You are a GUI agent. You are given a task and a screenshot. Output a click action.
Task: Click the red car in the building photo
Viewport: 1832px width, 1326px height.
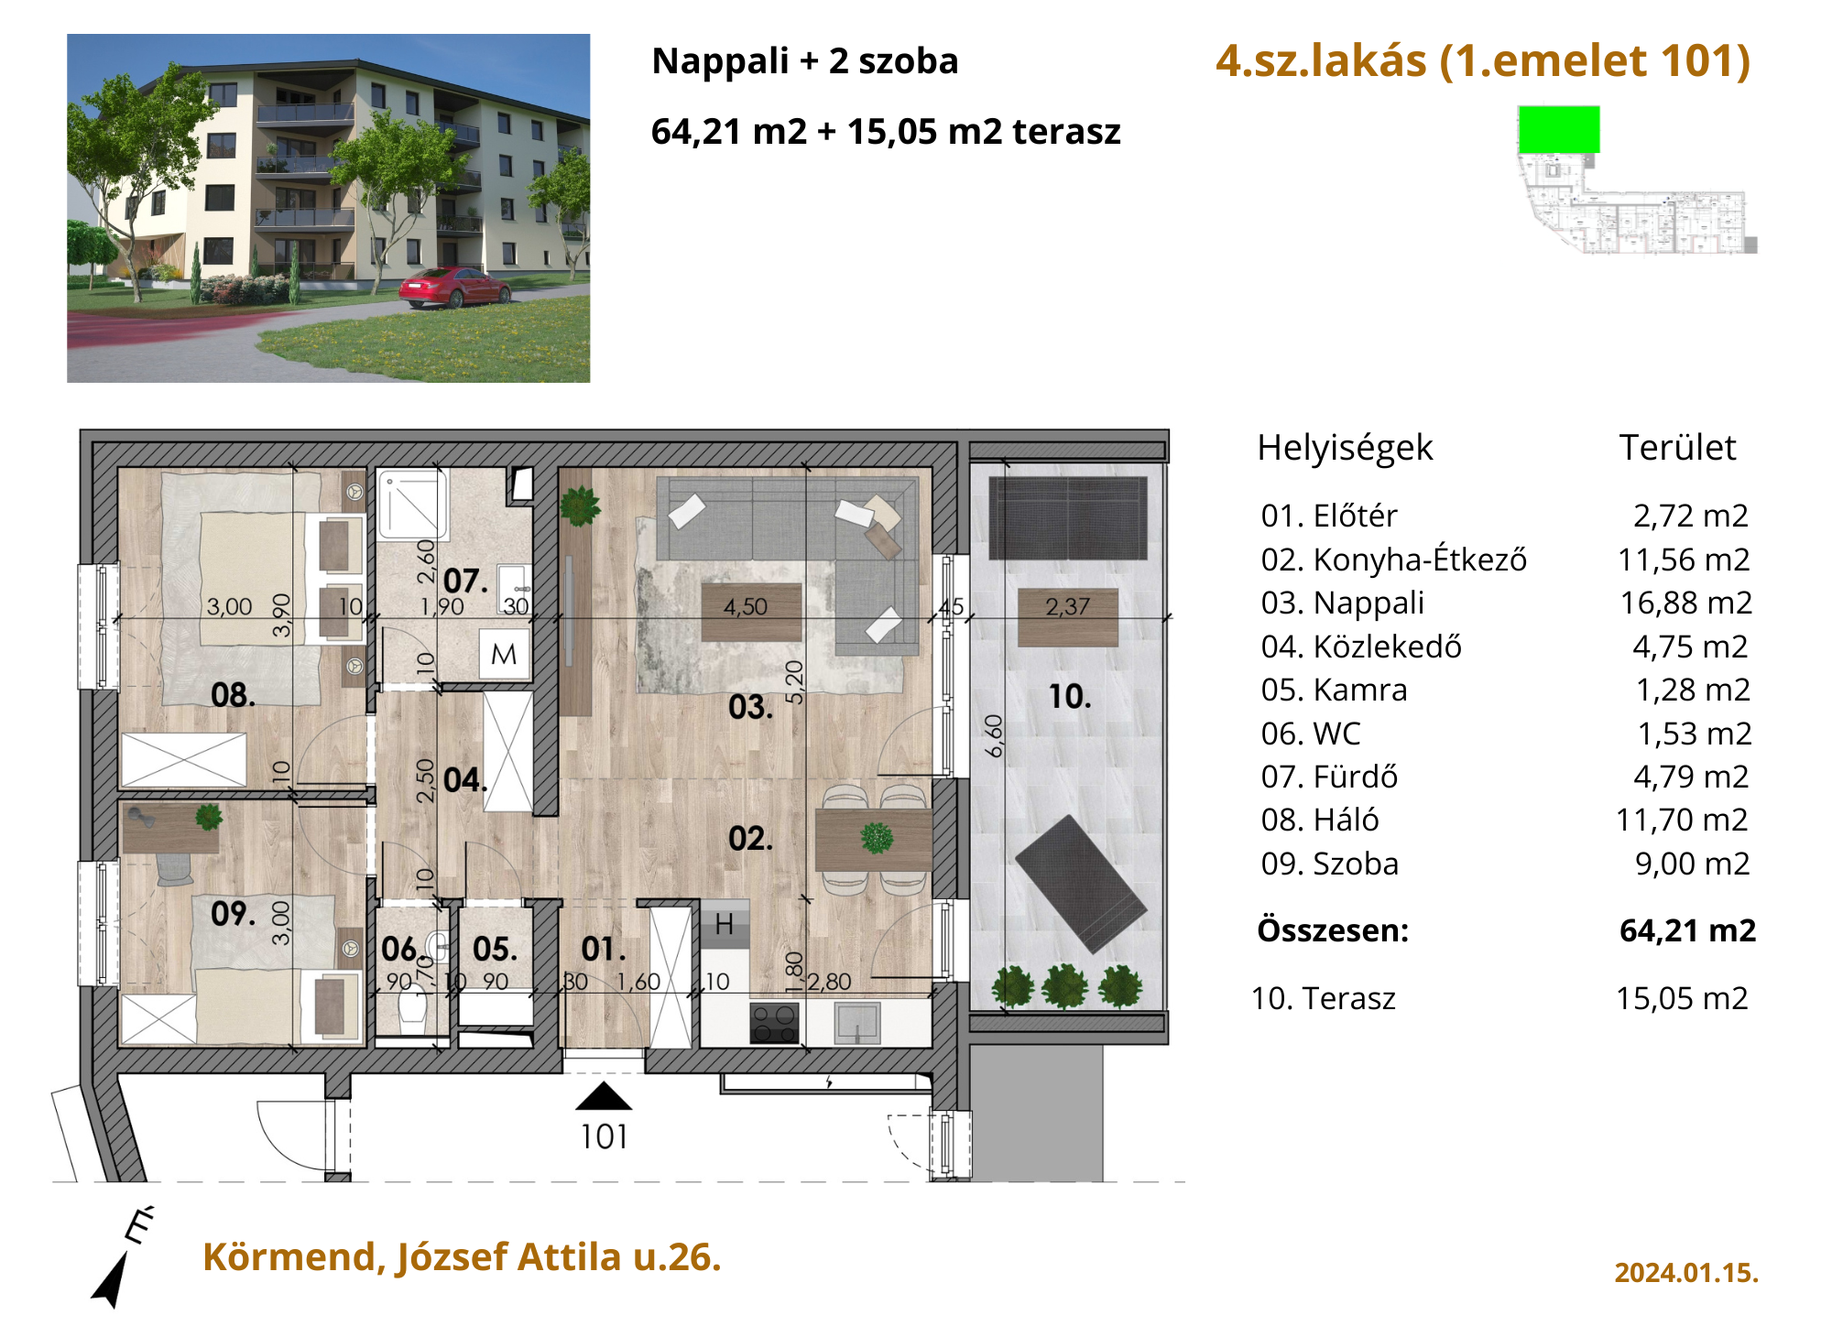[x=454, y=287]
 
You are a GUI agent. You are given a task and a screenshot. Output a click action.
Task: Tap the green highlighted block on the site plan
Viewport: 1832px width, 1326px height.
[x=1559, y=129]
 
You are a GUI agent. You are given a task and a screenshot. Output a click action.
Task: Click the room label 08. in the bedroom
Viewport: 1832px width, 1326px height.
[x=233, y=695]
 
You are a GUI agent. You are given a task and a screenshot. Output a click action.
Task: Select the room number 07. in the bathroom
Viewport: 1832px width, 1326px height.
[x=465, y=581]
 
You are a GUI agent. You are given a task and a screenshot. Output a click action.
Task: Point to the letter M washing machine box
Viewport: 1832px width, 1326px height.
[x=504, y=654]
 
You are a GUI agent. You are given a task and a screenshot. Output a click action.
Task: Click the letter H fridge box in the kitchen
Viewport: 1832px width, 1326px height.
[x=725, y=924]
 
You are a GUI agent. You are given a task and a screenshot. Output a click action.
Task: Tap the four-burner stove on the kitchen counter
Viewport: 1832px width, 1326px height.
[x=775, y=1023]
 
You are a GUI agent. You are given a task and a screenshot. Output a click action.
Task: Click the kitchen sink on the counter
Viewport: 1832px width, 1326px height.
[x=857, y=1023]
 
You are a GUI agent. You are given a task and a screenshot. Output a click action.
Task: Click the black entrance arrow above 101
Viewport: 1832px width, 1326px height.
[x=604, y=1096]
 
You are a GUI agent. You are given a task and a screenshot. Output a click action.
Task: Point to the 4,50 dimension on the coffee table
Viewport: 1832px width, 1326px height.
[x=746, y=607]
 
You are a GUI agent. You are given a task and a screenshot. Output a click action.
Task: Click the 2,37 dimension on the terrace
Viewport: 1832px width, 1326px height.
[x=1068, y=606]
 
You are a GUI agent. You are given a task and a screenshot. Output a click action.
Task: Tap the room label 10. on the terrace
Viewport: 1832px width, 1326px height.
[x=1070, y=697]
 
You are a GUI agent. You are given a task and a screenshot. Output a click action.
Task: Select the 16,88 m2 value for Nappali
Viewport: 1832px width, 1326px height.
[x=1685, y=603]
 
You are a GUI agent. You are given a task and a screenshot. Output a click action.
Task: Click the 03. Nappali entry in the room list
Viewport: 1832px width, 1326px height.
[x=1343, y=603]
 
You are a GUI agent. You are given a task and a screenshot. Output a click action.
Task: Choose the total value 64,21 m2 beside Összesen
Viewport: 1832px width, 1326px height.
[x=1688, y=930]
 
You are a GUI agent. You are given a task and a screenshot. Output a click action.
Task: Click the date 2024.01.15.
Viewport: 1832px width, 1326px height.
[x=1686, y=1273]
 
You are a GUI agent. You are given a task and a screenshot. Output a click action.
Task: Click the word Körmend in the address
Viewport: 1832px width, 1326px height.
[x=294, y=1257]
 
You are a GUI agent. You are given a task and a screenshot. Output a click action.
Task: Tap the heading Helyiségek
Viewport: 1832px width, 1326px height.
[x=1345, y=448]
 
